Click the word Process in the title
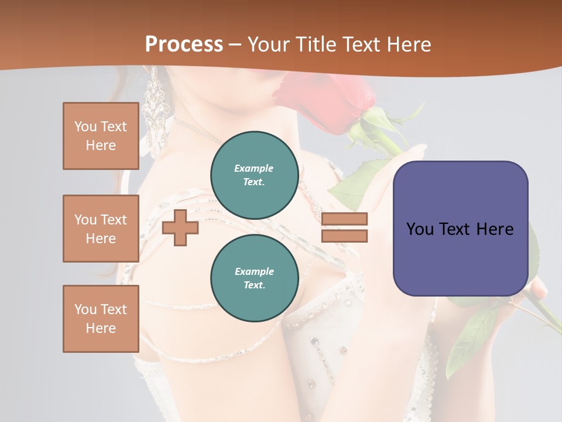tap(184, 44)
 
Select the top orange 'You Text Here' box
tap(101, 136)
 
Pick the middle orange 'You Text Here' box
tap(101, 229)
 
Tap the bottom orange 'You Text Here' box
tap(101, 319)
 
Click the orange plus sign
tap(180, 227)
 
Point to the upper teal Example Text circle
tap(254, 175)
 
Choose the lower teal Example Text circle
tap(254, 278)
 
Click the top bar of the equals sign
tap(344, 219)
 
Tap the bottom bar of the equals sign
tap(344, 236)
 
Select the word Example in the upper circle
tap(253, 168)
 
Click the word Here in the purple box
tap(495, 229)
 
